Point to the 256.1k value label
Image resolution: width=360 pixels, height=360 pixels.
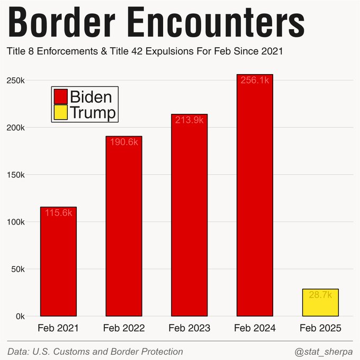pyautogui.click(x=255, y=80)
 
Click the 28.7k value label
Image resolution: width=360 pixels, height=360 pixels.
pyautogui.click(x=320, y=294)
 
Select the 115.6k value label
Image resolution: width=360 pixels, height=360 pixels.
pyautogui.click(x=58, y=213)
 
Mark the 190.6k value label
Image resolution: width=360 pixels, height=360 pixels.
pyautogui.click(x=124, y=142)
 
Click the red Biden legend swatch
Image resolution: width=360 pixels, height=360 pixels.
pyautogui.click(x=61, y=97)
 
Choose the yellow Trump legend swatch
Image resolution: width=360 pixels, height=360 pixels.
pyautogui.click(x=61, y=113)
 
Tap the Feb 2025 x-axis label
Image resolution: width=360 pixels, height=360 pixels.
pyautogui.click(x=320, y=328)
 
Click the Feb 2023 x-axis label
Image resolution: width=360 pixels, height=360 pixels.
pyautogui.click(x=189, y=328)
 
